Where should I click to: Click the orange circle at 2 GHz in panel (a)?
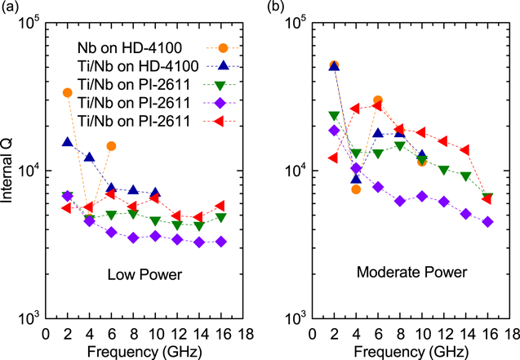(67, 92)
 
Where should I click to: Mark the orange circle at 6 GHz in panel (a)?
(111, 146)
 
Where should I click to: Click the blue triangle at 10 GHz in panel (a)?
(155, 193)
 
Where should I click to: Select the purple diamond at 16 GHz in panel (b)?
(487, 222)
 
